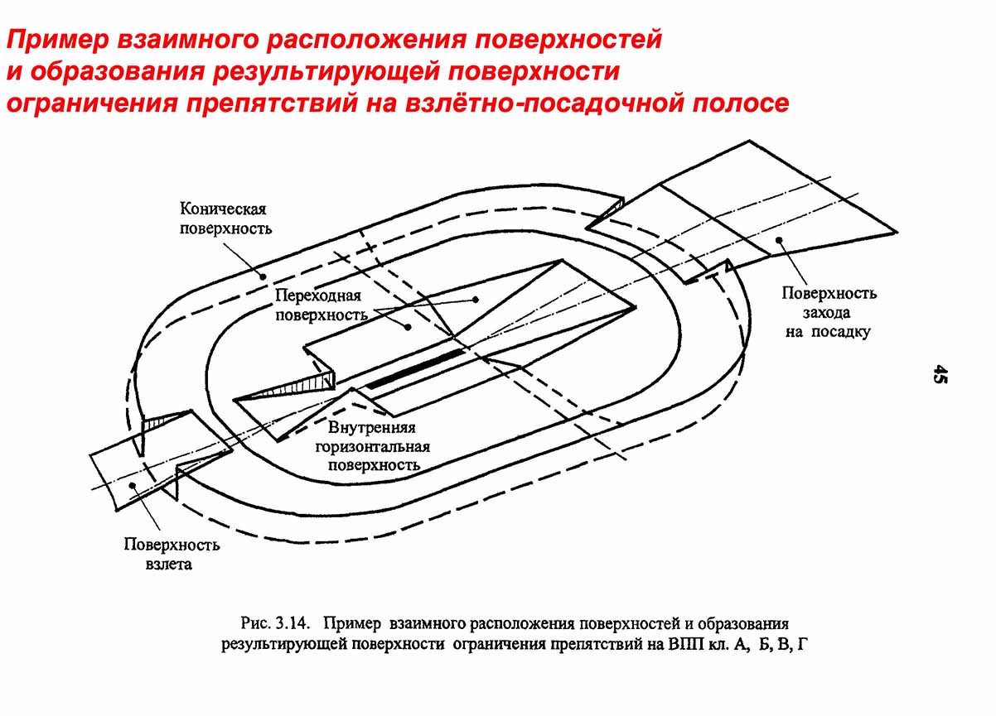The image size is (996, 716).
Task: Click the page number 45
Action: coord(940,373)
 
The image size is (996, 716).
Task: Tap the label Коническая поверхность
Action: coord(225,218)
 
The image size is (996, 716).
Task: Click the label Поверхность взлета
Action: coord(172,555)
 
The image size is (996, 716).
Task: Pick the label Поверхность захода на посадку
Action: coord(828,312)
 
